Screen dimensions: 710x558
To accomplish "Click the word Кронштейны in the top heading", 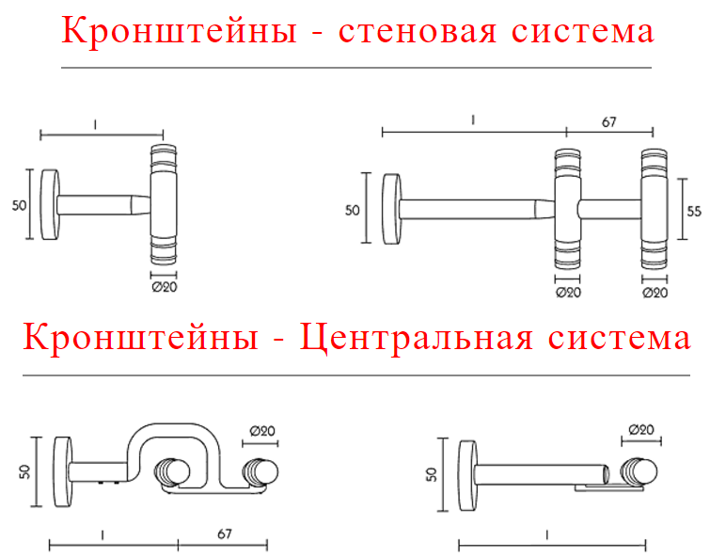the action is [x=179, y=31].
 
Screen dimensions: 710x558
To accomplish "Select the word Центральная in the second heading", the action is [x=417, y=338].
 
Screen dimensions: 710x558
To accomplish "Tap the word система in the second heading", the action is [x=620, y=339].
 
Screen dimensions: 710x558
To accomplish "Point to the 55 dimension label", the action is [x=694, y=211].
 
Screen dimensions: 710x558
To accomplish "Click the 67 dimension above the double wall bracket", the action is [x=609, y=121].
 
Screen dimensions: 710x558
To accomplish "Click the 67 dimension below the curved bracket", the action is [x=225, y=534].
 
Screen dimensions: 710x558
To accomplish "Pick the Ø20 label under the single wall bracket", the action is [x=165, y=287].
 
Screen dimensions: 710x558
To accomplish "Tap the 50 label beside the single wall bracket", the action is [x=20, y=205].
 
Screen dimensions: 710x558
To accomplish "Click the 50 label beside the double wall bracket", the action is [x=353, y=210].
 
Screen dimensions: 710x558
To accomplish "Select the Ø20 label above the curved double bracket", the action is [x=262, y=431].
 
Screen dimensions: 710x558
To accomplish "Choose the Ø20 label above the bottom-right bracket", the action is [x=641, y=429].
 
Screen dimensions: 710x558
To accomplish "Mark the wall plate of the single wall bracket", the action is [x=50, y=205].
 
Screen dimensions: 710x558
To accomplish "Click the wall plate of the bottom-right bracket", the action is [x=467, y=475].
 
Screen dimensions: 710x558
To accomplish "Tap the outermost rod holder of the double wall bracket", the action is [x=655, y=209].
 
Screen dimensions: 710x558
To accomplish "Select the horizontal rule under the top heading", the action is [x=356, y=68].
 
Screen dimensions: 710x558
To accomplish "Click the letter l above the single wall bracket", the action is [x=95, y=124].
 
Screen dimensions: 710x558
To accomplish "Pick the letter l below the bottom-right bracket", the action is [x=547, y=534].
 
